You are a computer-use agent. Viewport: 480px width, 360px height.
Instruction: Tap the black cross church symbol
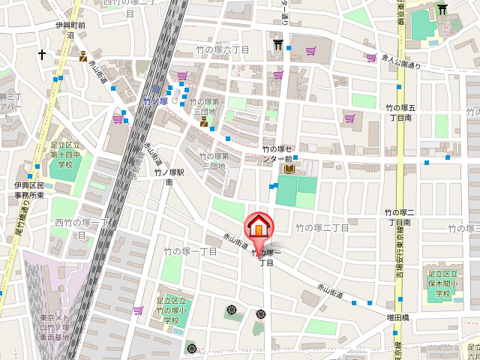point(42,55)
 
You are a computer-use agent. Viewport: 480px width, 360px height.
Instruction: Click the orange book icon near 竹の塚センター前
point(289,169)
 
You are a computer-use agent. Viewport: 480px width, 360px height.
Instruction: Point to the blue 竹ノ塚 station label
point(155,100)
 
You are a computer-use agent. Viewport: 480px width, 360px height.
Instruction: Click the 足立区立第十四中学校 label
point(66,154)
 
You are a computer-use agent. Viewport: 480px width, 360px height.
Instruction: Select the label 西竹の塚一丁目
point(81,228)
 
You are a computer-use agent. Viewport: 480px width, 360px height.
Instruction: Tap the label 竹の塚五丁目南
point(399,113)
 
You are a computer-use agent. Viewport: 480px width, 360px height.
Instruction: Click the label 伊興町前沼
point(70,30)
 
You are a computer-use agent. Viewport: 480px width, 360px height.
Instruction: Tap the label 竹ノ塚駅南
point(163,177)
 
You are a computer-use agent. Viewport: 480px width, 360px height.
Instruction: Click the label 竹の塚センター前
point(277,154)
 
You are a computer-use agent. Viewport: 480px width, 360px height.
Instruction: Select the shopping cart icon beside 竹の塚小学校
point(138,310)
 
